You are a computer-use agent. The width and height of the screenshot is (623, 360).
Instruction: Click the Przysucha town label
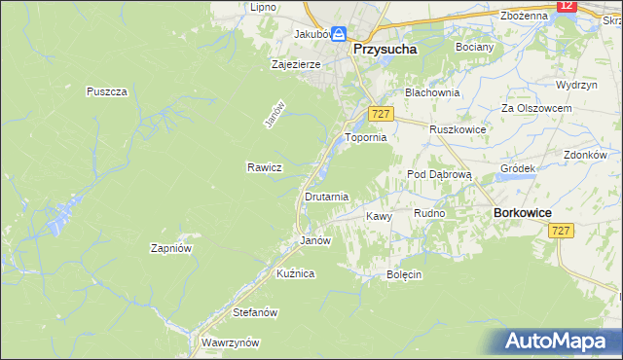point(385,48)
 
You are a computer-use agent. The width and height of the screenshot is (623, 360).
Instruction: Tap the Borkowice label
point(523,212)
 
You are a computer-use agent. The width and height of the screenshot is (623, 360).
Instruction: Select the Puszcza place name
point(107,91)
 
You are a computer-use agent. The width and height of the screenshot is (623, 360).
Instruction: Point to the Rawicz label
point(264,167)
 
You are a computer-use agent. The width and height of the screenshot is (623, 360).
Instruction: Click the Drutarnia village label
point(326,197)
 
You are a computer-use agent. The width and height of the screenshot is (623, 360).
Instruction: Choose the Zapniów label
point(170,248)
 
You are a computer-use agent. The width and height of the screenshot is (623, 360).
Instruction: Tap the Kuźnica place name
point(295,273)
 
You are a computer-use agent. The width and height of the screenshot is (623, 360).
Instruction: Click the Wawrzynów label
point(230,342)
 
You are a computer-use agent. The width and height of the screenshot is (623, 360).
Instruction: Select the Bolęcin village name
point(403,274)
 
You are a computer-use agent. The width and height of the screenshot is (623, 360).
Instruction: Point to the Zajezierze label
point(295,65)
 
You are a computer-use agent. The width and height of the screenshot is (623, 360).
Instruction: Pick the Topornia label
point(366,138)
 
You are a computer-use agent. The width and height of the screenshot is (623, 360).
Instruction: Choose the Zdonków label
point(585,155)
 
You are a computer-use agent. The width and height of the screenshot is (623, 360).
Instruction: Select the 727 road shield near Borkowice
point(560,231)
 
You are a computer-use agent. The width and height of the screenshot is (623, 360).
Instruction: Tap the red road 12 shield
point(568,6)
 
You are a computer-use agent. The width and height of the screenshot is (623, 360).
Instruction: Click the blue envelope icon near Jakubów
point(338,34)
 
